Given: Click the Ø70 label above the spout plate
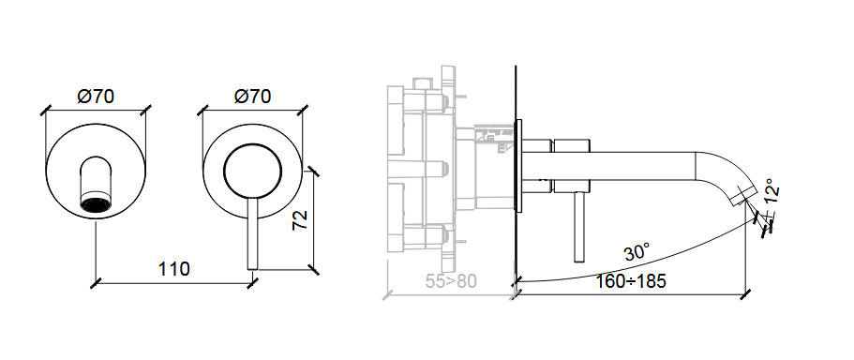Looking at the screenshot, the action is (96, 97).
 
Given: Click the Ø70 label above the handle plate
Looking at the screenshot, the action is (253, 97).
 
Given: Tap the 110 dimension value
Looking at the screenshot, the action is (173, 268).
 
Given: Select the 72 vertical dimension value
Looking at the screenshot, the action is (300, 219).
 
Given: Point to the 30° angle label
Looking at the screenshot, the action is (637, 252).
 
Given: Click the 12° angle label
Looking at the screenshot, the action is (772, 191).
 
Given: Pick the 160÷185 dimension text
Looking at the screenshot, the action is (630, 281).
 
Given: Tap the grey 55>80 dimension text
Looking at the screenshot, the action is (451, 281).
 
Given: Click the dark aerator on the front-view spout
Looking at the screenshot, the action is (96, 204).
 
